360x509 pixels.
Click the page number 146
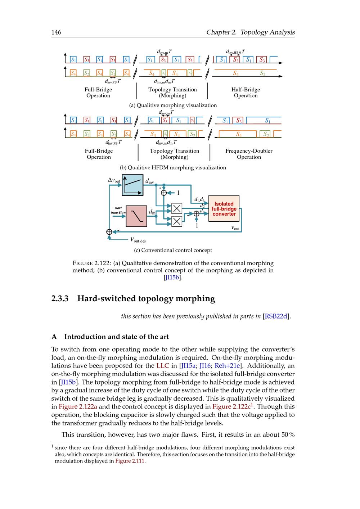coord(56,32)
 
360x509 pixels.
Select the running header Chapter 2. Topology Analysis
coord(250,32)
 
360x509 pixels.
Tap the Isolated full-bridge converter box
coord(224,209)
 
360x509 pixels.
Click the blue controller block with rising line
coord(132,185)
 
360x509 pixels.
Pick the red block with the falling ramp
coord(136,216)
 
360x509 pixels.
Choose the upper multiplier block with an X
coord(176,208)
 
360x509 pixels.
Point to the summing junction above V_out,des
coord(109,232)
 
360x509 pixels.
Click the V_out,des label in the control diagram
coord(138,240)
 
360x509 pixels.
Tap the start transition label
coord(118,210)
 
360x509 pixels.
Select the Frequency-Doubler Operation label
coord(249,154)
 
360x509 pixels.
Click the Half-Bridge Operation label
coord(246,93)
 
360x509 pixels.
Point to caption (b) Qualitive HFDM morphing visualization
coord(173,167)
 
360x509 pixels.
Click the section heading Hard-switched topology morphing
coord(146,299)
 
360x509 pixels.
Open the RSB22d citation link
coord(276,316)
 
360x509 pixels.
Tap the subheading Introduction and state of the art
coord(116,337)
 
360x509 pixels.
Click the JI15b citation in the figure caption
coord(173,278)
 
